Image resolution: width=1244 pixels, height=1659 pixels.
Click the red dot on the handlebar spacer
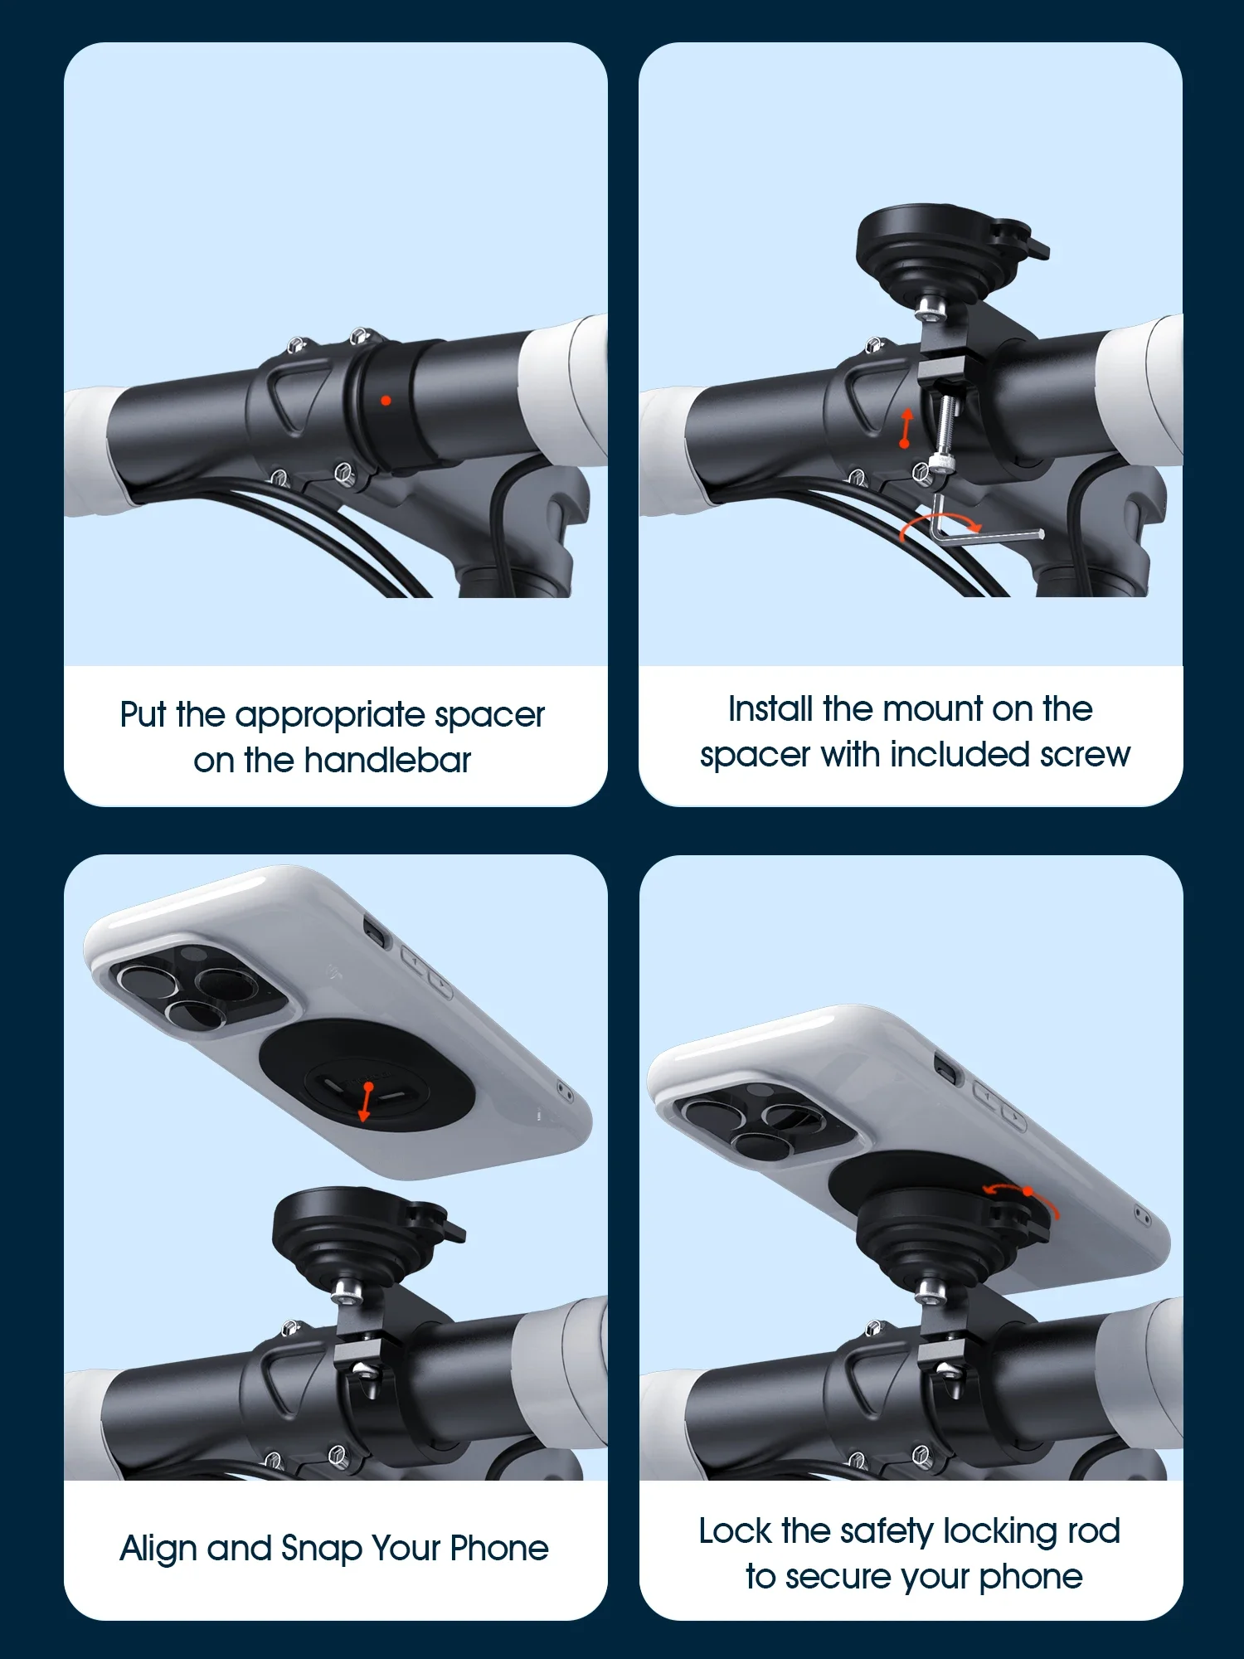point(386,401)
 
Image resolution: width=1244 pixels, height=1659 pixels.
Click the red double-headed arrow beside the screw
point(906,428)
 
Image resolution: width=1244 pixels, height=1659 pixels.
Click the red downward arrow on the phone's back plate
point(366,1102)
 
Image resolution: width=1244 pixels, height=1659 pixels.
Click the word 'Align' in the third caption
point(158,1549)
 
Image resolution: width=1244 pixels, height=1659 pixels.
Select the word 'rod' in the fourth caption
point(1094,1531)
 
